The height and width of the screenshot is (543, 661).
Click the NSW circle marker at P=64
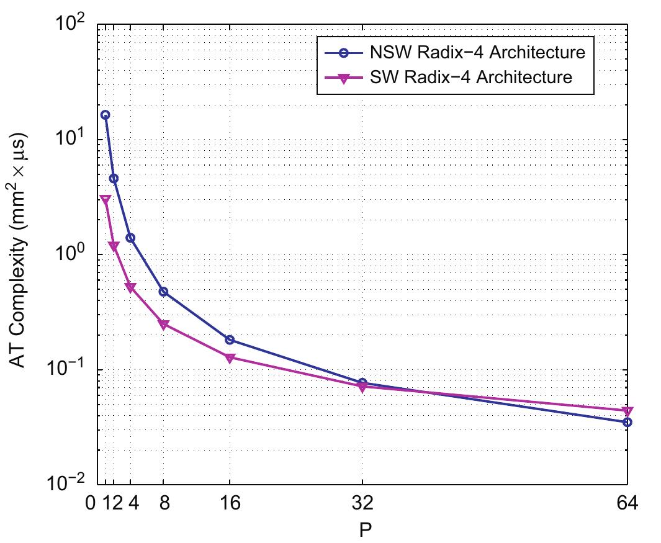[627, 422]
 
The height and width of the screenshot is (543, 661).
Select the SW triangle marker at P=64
[627, 411]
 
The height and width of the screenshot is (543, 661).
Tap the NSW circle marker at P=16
[230, 339]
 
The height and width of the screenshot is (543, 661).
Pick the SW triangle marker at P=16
[230, 358]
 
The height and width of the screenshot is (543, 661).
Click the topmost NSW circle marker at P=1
[106, 115]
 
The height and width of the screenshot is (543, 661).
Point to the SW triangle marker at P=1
[106, 200]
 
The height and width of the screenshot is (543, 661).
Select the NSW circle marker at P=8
[164, 292]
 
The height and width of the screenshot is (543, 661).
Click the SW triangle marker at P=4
[130, 288]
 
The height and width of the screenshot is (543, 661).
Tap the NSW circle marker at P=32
[362, 383]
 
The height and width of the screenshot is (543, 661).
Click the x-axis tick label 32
[362, 503]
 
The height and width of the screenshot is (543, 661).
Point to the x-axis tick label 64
[627, 503]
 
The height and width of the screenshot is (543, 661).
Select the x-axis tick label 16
[230, 503]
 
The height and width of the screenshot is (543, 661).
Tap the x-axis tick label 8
[164, 503]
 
